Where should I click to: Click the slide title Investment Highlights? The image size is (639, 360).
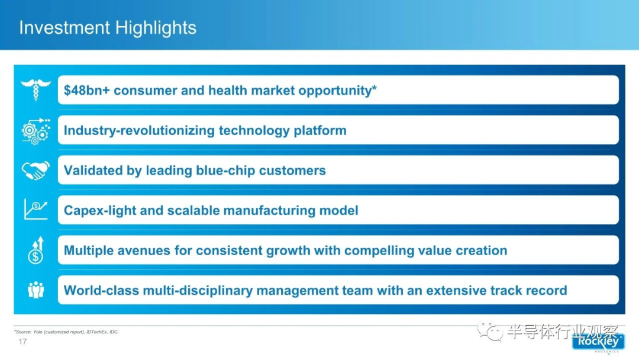[x=108, y=28]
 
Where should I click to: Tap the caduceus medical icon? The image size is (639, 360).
[x=36, y=89]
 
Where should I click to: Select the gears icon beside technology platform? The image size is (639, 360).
[x=36, y=131]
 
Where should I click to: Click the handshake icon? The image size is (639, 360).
[x=36, y=170]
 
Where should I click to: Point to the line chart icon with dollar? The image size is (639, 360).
[x=36, y=210]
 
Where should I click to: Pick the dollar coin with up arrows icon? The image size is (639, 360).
[x=36, y=250]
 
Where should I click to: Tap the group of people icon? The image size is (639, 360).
[x=36, y=290]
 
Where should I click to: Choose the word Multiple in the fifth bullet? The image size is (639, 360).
[x=88, y=250]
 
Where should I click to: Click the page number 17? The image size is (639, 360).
[x=22, y=342]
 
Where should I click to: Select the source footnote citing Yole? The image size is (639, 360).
[x=66, y=332]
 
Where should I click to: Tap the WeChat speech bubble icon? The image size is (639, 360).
[x=490, y=330]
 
